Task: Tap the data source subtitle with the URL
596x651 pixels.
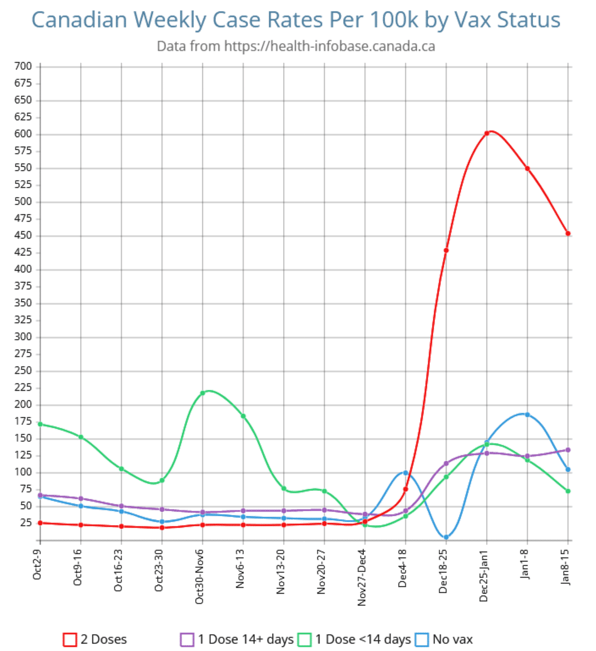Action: click(x=295, y=46)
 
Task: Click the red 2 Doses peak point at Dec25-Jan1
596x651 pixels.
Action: click(x=487, y=134)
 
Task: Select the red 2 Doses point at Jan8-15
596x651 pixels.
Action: click(x=568, y=233)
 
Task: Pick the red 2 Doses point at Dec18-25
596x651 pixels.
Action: click(x=446, y=250)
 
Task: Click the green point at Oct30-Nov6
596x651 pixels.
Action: click(x=202, y=393)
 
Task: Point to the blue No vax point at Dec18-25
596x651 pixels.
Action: click(x=446, y=537)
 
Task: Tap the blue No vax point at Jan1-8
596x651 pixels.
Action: click(x=527, y=415)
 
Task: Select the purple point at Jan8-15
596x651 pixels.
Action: click(x=568, y=450)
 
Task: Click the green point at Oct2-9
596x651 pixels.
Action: click(x=40, y=424)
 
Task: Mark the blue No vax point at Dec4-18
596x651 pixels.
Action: click(x=405, y=473)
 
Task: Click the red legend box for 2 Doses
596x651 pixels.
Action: click(x=70, y=640)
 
